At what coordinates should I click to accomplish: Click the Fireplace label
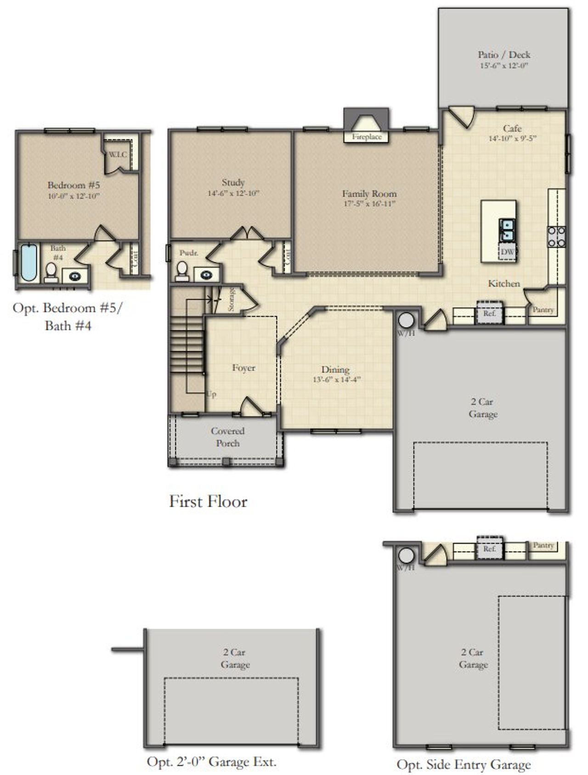click(367, 137)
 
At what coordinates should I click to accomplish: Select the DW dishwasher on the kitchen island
click(508, 252)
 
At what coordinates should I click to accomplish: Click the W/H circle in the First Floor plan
click(406, 320)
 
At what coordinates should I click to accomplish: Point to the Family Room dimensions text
click(369, 204)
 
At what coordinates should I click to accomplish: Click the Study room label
click(233, 182)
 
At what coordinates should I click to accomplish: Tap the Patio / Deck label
click(504, 55)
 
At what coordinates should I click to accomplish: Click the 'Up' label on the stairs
click(211, 394)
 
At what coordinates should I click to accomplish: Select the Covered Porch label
click(227, 437)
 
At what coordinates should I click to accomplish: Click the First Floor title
click(208, 501)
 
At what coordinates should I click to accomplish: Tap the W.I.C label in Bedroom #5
click(118, 154)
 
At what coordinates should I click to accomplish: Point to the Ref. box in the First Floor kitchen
click(490, 314)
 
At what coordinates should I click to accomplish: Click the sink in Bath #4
click(75, 277)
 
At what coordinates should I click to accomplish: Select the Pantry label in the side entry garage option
click(543, 545)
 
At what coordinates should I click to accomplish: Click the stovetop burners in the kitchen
click(556, 237)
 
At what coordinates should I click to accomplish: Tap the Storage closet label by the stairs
click(231, 300)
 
